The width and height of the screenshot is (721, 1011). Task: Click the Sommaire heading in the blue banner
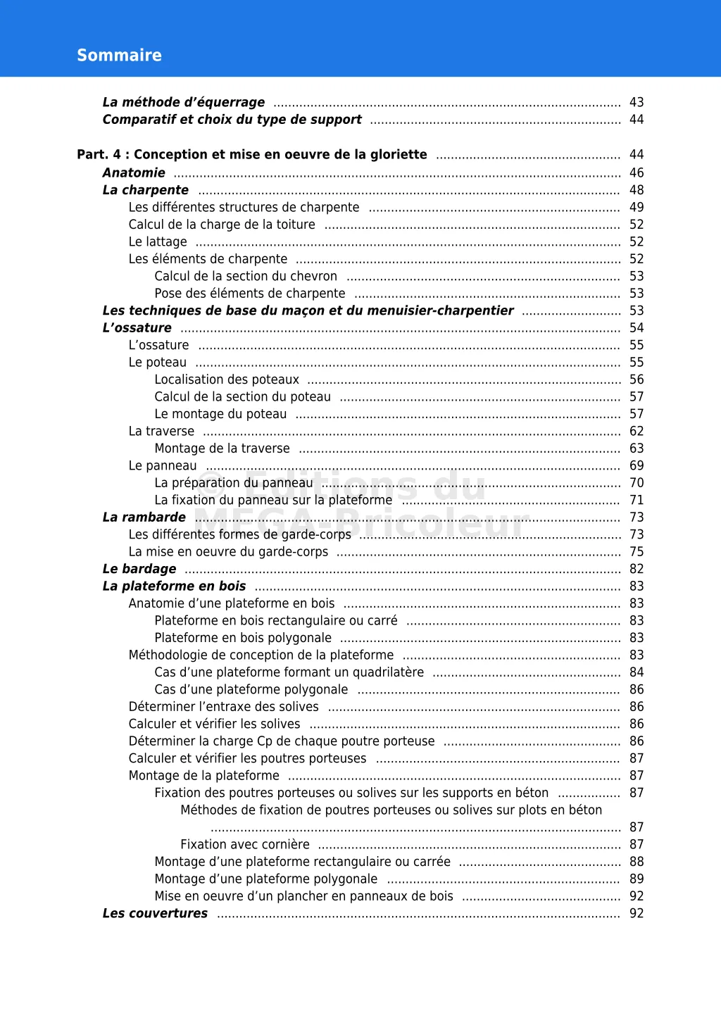(119, 56)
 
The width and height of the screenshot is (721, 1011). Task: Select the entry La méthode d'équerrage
(184, 102)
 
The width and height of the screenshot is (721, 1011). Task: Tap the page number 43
(637, 102)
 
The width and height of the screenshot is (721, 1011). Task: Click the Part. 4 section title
(251, 155)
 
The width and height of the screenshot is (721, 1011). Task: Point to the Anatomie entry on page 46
(134, 173)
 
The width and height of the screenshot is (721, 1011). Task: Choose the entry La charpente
(146, 190)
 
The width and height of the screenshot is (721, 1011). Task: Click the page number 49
(637, 207)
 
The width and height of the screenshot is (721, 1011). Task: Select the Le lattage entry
(158, 241)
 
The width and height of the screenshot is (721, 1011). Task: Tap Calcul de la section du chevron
(246, 276)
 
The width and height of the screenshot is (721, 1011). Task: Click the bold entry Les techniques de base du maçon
(308, 310)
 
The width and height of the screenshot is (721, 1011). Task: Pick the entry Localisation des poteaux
(227, 379)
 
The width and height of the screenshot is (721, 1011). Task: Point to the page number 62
(637, 431)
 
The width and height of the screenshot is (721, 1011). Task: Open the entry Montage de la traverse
(222, 448)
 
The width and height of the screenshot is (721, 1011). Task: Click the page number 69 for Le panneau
(637, 465)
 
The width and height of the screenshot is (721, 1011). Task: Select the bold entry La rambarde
(144, 517)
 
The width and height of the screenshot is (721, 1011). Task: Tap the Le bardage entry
(139, 569)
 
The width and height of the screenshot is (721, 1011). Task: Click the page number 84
(637, 672)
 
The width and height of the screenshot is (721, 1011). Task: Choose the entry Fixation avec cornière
(244, 844)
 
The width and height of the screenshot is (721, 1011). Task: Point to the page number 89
(637, 879)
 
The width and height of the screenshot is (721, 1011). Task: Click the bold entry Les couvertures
(155, 913)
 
